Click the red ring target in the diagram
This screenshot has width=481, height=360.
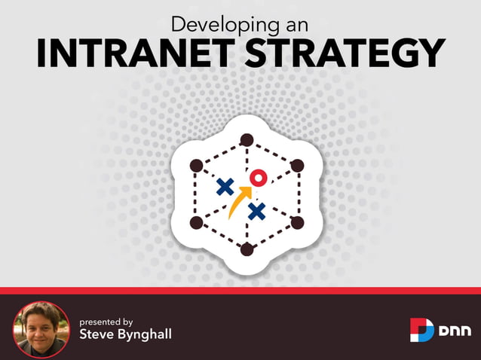point(259,178)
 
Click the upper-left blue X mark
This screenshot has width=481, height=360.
point(224,187)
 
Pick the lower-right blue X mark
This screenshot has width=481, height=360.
point(257,212)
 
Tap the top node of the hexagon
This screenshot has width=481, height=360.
point(246,139)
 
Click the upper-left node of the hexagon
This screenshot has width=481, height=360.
point(196,165)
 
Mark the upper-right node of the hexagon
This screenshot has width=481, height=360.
point(297,165)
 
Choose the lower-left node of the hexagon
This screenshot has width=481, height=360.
point(196,222)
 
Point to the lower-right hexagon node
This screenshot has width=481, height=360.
point(297,222)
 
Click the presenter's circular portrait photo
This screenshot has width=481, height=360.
point(41,328)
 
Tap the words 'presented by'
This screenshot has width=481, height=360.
point(106,321)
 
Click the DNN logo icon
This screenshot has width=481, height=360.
point(421,329)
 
